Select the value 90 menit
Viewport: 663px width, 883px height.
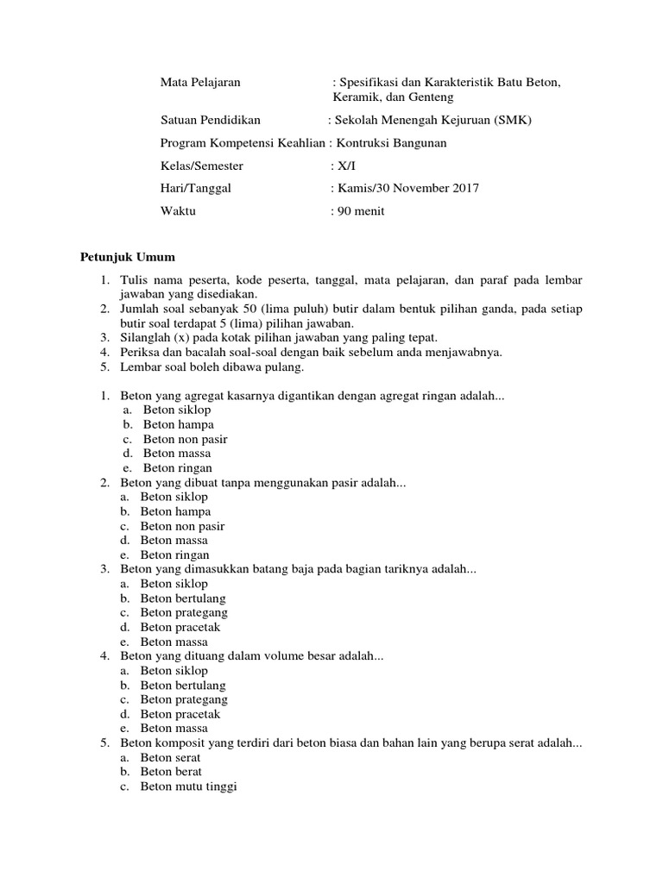pos(362,210)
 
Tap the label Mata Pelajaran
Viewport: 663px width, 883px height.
pos(200,82)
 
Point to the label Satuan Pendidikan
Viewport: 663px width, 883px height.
pos(211,120)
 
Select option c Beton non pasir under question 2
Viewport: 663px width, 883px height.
pos(182,526)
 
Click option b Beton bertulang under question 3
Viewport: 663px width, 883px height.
pos(183,598)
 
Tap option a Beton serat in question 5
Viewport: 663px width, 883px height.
pos(170,758)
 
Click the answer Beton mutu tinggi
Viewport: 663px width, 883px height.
pos(188,787)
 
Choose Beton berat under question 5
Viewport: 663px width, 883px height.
pos(170,773)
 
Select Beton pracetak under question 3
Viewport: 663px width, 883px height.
pos(180,628)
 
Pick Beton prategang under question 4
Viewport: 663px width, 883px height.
pos(184,699)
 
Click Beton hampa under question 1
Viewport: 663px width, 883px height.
pos(178,424)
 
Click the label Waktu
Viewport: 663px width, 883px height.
pos(178,210)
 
